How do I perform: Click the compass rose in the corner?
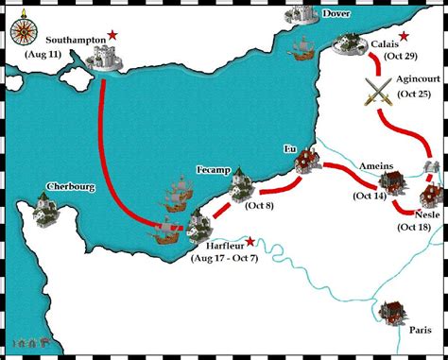coord(20,29)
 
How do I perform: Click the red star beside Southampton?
coord(113,35)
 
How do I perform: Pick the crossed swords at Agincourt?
coord(377,91)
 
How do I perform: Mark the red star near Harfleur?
coord(250,241)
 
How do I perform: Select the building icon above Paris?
coord(389,312)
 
